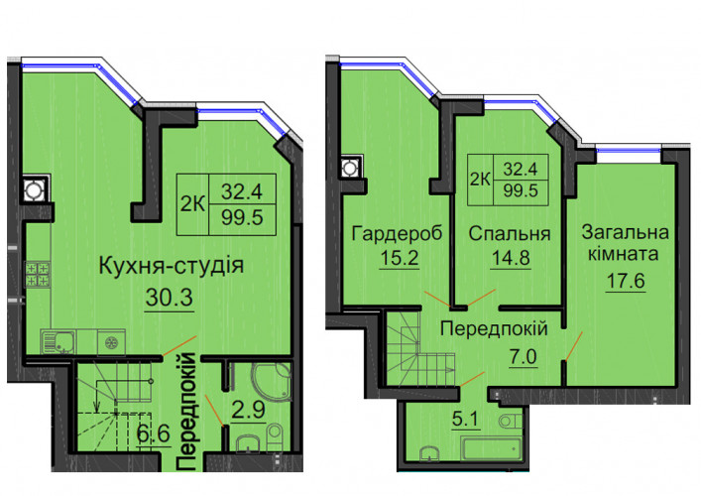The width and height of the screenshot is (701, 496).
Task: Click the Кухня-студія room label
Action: click(172, 266)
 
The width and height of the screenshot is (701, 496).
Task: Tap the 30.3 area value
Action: click(169, 297)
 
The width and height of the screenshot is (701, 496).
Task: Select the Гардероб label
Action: click(397, 234)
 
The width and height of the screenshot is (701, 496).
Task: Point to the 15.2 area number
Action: click(400, 258)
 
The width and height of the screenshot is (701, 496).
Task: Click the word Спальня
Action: click(510, 234)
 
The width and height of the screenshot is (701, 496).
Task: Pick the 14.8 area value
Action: click(511, 258)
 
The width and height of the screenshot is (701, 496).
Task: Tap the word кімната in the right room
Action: click(623, 254)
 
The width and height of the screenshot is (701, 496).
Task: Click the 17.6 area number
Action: click(626, 281)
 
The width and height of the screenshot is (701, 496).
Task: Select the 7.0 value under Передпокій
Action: click(523, 357)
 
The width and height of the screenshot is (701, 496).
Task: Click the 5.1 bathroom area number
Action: click(465, 419)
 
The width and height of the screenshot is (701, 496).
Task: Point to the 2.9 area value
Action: click(249, 410)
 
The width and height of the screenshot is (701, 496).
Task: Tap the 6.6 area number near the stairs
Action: click(154, 434)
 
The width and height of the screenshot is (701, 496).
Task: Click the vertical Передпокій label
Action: click(186, 412)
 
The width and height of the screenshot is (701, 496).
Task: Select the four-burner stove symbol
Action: click(38, 274)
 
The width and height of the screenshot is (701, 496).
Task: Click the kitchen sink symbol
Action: click(58, 342)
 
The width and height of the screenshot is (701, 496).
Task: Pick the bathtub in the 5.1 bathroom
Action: click(492, 448)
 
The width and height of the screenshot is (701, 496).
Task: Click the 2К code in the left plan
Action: click(192, 204)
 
